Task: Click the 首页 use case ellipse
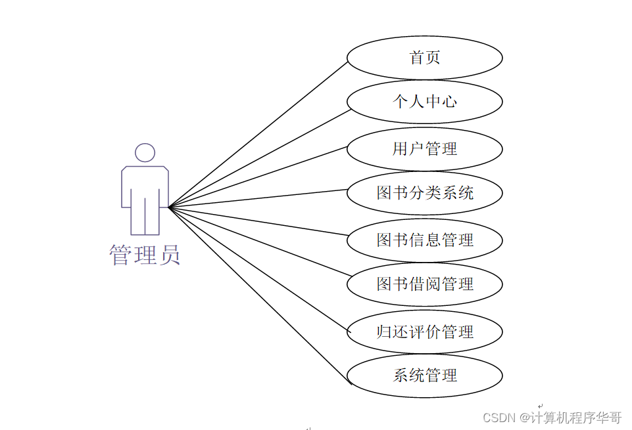(424, 58)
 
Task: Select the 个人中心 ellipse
(424, 102)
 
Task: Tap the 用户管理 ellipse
(424, 149)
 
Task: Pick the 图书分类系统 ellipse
(424, 193)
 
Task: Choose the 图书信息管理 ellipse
(424, 240)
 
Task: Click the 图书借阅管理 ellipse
(424, 284)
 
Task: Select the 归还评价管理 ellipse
(424, 332)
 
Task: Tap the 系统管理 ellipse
(424, 376)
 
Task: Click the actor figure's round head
(145, 153)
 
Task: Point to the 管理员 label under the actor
(145, 255)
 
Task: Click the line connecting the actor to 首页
(258, 135)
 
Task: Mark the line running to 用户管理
(258, 177)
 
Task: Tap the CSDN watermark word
(498, 418)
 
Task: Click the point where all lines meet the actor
(169, 207)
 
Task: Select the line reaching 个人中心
(258, 158)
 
